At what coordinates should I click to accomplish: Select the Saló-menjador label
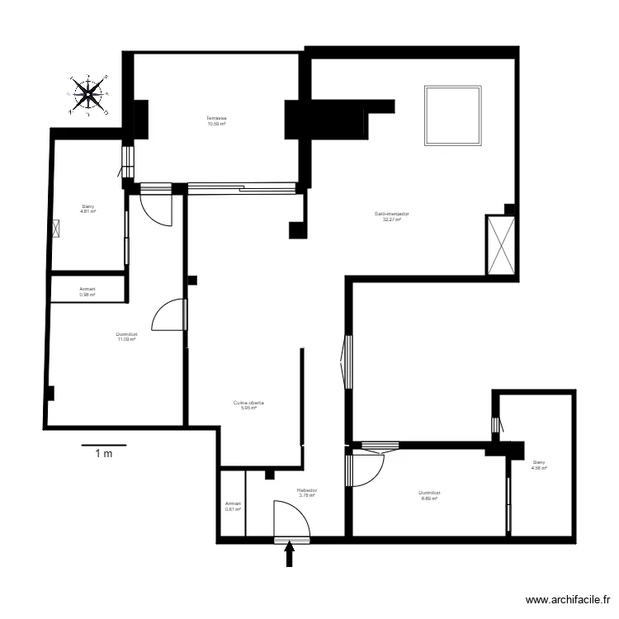point(392,216)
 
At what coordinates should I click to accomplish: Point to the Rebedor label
point(307,493)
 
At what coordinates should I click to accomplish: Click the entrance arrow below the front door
point(290,554)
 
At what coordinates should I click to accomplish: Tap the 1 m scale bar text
point(103,453)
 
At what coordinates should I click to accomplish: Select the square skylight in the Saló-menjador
point(452,115)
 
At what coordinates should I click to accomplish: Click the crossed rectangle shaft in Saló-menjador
point(500,245)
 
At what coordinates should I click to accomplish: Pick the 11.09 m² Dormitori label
point(126,336)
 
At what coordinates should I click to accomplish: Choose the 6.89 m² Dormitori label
point(430,495)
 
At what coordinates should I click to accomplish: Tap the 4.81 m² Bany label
point(87,209)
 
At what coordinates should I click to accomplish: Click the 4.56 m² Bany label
point(539,465)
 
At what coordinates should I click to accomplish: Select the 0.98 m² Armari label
point(87,291)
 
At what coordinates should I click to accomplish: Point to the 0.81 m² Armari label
point(233,506)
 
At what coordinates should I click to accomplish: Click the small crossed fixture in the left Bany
point(58,229)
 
